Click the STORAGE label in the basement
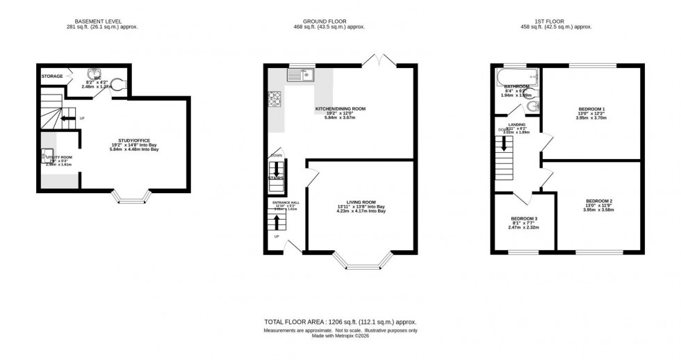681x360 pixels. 52,76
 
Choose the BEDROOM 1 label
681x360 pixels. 591,109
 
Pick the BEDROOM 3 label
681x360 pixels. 523,218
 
